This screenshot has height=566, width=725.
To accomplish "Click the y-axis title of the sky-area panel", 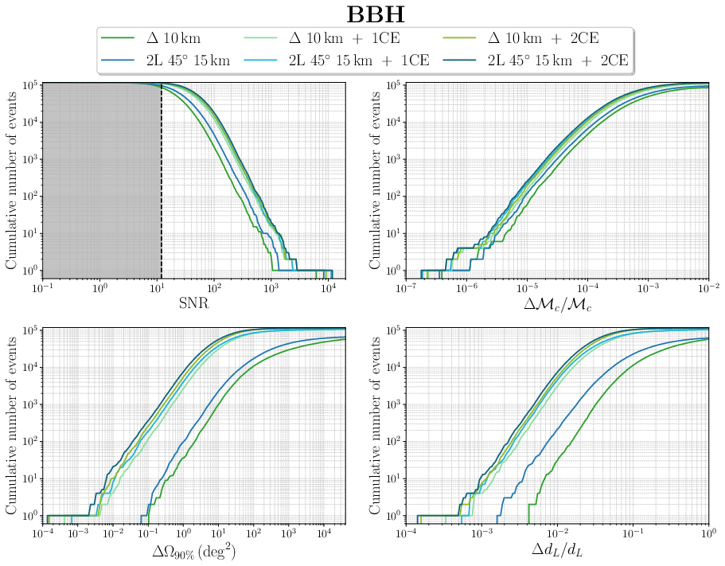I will (13, 423).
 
